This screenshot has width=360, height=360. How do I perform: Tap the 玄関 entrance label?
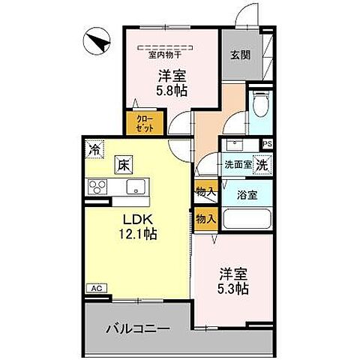(241, 55)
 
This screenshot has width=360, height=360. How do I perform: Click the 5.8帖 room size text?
(172, 90)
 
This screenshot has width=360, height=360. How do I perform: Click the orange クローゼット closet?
(145, 124)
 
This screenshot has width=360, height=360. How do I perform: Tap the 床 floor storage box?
(122, 165)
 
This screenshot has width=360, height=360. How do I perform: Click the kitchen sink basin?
(137, 187)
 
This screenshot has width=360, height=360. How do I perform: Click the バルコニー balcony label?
(136, 328)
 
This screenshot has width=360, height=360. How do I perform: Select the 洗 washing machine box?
(262, 163)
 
